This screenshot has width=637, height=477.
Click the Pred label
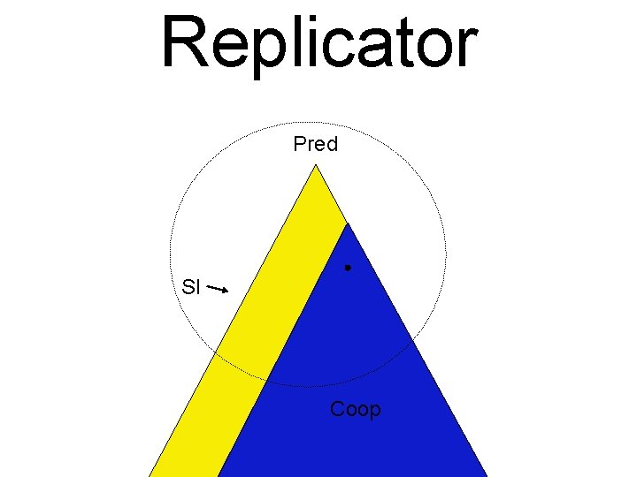point(316,144)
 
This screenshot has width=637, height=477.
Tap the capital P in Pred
point(300,144)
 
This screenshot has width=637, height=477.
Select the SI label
point(191,286)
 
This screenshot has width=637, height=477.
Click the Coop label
point(355,410)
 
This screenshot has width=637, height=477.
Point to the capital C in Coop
point(338,410)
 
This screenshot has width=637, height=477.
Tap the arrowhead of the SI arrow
point(227,291)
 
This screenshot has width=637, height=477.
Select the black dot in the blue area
point(349,267)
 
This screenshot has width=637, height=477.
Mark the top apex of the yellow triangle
point(315,165)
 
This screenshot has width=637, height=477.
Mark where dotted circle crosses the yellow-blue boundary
point(269,381)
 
